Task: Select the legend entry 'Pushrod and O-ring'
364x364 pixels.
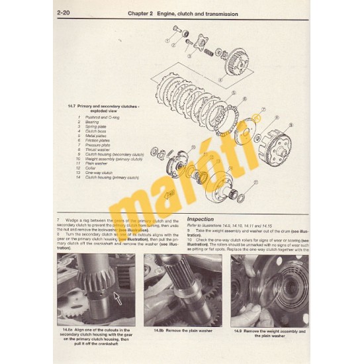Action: pyautogui.click(x=100, y=117)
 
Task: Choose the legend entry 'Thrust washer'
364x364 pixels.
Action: pyautogui.click(x=97, y=149)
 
